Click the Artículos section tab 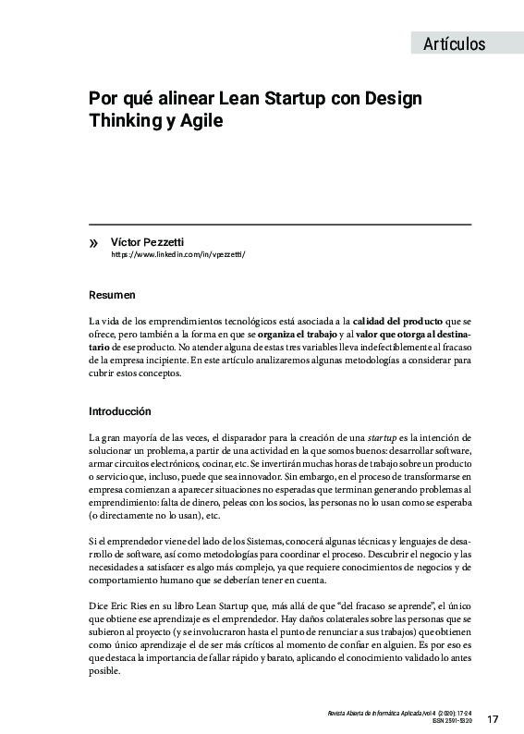(454, 43)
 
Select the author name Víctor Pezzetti (147, 240)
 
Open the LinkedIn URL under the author (178, 253)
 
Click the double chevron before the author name (92, 241)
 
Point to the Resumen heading (112, 295)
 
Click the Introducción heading (120, 411)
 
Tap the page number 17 (493, 719)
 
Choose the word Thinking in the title (126, 120)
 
